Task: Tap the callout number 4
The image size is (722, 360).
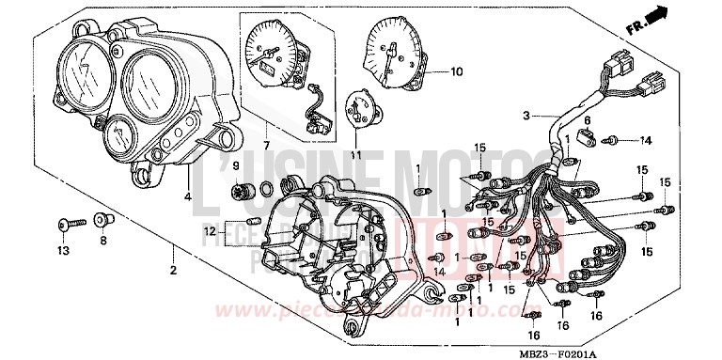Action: point(188,196)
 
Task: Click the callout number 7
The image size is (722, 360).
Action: point(265,146)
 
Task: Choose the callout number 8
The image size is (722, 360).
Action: point(102,241)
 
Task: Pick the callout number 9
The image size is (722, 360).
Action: point(238,166)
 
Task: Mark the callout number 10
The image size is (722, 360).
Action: point(457,71)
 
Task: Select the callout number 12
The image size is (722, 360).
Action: point(208,228)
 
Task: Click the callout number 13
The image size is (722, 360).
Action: point(64,252)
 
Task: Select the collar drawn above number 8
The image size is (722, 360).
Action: point(103,221)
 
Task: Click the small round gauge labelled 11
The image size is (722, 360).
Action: point(359,106)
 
